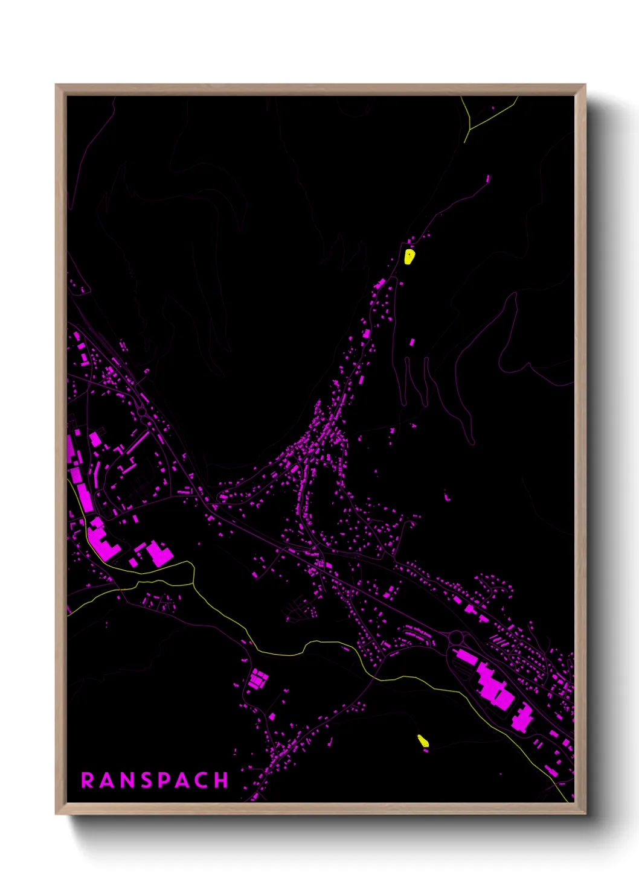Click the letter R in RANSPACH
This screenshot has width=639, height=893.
pos(88,780)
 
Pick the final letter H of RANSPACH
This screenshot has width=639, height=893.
pos(222,780)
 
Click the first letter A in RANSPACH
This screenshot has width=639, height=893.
pos(107,780)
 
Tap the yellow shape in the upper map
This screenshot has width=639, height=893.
pos(409,257)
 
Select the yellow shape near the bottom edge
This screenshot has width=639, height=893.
pos(423,740)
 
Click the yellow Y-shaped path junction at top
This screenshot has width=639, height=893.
pos(470,129)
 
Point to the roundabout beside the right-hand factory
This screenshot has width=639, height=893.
pos(456,637)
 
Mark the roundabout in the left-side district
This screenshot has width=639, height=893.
pos(141,412)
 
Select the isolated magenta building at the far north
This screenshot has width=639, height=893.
pos(489,179)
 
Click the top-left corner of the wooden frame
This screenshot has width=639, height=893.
pos(57,86)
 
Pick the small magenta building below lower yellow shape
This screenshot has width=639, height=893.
pos(426,751)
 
